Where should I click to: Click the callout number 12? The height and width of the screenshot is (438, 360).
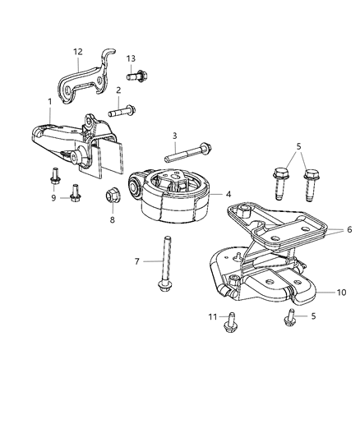(78, 52)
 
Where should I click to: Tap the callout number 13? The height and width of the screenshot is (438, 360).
(131, 58)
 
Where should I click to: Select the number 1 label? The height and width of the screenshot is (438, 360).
(50, 101)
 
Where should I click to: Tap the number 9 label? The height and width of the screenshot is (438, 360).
(53, 198)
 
